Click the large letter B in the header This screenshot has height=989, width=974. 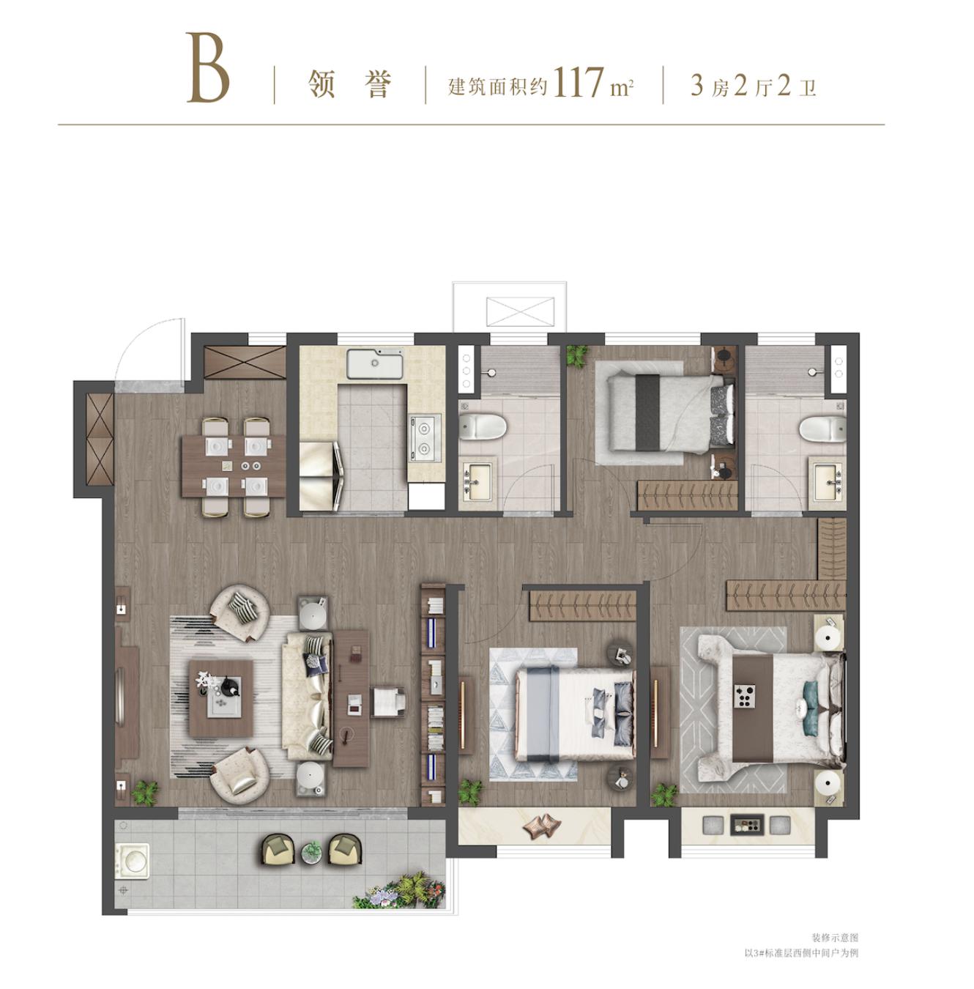pyautogui.click(x=207, y=68)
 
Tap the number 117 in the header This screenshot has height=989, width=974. pyautogui.click(x=577, y=82)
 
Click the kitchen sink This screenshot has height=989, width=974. pyautogui.click(x=374, y=364)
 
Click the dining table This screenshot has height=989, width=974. pyautogui.click(x=234, y=467)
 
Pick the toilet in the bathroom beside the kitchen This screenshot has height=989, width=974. pyautogui.click(x=483, y=427)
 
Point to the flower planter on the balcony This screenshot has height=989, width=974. pyautogui.click(x=398, y=892)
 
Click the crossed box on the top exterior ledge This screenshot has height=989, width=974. pyautogui.click(x=521, y=311)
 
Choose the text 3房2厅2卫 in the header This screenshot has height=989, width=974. pyautogui.click(x=753, y=85)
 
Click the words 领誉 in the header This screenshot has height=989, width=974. pyautogui.click(x=349, y=84)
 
